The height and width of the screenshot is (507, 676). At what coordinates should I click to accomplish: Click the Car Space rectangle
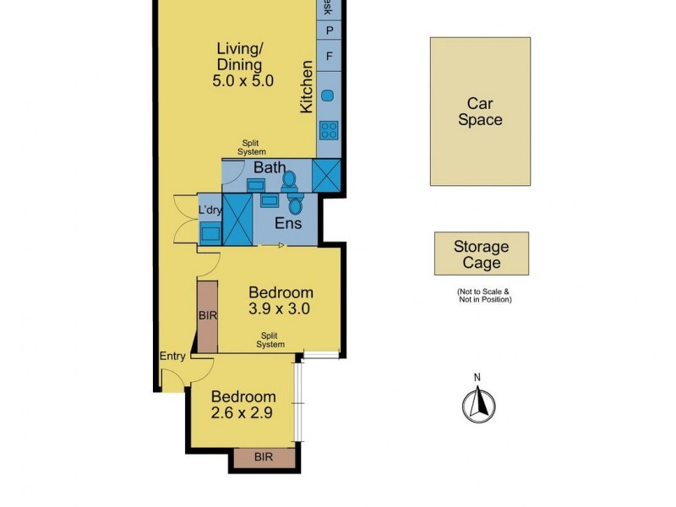(x=480, y=111)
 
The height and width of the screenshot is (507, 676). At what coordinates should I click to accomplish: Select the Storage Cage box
(x=482, y=253)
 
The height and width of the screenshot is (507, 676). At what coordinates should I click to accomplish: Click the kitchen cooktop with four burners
(x=328, y=130)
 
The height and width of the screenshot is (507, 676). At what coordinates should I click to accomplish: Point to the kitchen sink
(x=328, y=95)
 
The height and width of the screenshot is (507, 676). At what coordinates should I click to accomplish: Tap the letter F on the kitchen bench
(x=329, y=57)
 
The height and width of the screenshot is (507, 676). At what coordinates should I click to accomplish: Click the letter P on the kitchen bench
(x=329, y=30)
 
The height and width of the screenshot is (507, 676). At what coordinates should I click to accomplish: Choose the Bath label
(x=270, y=167)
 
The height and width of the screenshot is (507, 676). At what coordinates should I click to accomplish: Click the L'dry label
(x=209, y=210)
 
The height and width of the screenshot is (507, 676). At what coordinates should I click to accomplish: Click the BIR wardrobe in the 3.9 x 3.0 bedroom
(x=208, y=316)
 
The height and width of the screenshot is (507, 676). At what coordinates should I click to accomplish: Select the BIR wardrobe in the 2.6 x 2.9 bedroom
(x=264, y=457)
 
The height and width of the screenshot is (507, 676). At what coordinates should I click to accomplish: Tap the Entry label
(x=172, y=356)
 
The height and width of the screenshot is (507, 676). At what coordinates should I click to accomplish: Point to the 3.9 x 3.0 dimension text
(x=280, y=308)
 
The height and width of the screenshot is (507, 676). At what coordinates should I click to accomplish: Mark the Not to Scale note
(x=483, y=295)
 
